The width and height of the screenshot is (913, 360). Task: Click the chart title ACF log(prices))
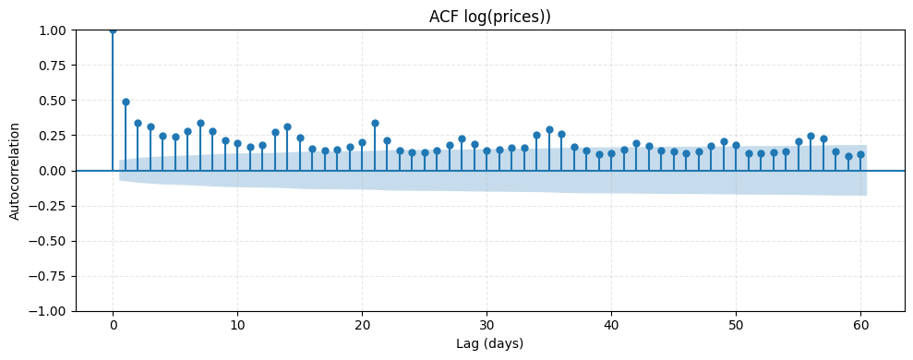tap(489, 17)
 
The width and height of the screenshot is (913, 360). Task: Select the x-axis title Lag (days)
tap(489, 344)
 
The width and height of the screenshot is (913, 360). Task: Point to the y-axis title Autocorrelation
tap(14, 171)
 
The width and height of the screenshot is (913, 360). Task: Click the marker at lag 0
tap(113, 30)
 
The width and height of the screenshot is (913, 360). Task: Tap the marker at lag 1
tap(126, 102)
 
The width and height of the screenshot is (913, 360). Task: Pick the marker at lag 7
tap(200, 123)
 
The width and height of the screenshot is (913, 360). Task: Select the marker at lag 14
tap(287, 126)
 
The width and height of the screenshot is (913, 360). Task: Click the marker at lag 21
tap(375, 123)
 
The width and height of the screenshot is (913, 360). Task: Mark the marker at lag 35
tap(549, 129)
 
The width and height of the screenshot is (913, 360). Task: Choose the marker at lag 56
tap(811, 136)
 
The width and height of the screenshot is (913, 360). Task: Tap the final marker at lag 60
tap(860, 154)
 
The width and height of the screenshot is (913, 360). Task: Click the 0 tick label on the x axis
tap(113, 325)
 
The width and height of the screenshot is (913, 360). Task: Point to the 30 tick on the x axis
tap(487, 325)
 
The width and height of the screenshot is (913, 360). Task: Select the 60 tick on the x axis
tap(860, 325)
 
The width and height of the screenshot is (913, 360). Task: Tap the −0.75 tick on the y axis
tap(50, 276)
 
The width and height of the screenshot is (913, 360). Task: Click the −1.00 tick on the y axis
tap(50, 311)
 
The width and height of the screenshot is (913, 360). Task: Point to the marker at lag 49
tap(724, 141)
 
